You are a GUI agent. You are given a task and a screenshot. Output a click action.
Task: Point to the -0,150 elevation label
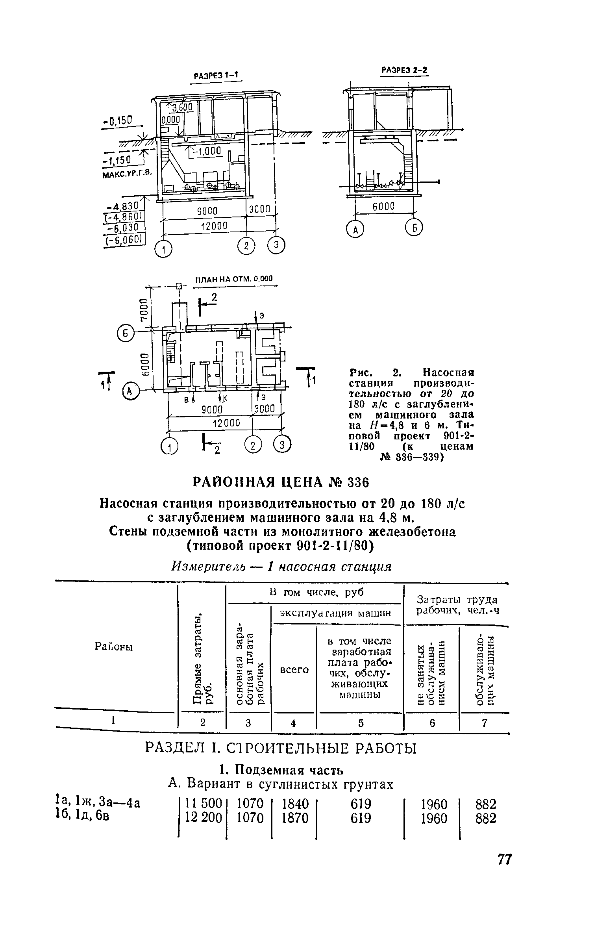click(118, 120)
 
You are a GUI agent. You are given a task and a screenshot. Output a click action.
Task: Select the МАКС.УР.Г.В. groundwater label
click(127, 173)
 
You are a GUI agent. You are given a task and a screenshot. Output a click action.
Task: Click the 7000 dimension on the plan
click(144, 309)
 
